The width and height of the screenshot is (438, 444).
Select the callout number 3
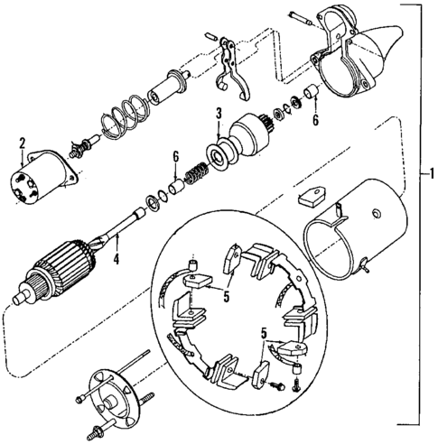click(218, 113)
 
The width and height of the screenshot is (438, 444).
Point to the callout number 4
click(116, 263)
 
